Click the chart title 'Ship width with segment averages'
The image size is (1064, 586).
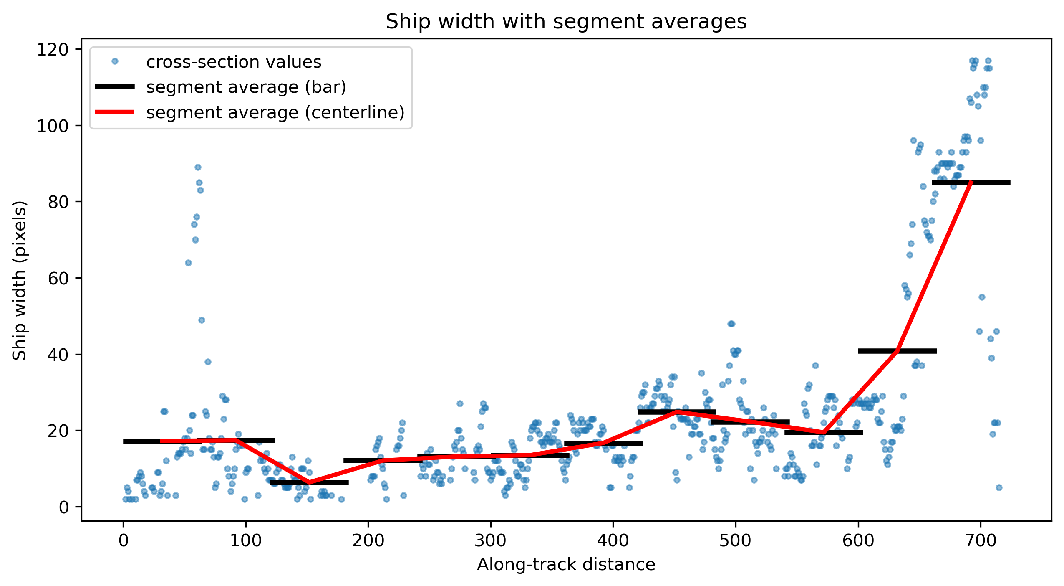point(566,21)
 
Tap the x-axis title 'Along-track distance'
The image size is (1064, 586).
point(566,564)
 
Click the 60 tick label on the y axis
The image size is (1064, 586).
point(58,279)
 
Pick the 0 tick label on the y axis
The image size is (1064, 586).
point(64,507)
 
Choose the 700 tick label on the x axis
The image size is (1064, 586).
point(981,541)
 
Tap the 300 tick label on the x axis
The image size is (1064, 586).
point(491,541)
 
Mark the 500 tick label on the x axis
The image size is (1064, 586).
point(736,541)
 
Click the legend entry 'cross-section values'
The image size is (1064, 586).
point(234,62)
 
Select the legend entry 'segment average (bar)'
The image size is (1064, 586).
point(246,87)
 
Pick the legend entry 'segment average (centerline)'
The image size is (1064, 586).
point(275,112)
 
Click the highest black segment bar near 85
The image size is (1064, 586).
point(971,183)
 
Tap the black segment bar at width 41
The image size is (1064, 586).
point(898,351)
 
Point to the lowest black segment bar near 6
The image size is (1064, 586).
point(309,482)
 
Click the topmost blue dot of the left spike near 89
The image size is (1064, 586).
point(198,167)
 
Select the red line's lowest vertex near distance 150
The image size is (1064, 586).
point(309,483)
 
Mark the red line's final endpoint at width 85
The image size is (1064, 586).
point(971,183)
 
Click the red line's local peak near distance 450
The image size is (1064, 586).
point(677,412)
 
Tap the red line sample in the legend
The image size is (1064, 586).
point(115,112)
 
